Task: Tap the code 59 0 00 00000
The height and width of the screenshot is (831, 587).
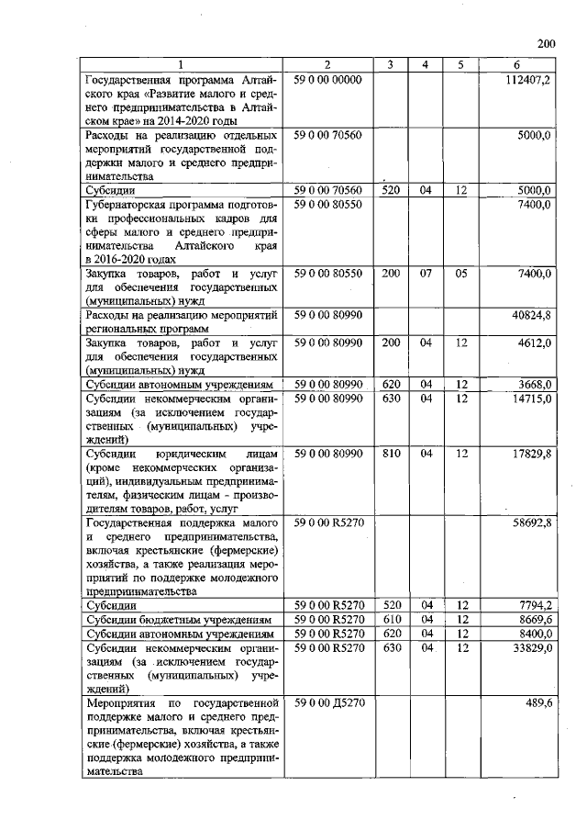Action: tap(328, 80)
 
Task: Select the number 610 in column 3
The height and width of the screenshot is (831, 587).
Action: tap(391, 620)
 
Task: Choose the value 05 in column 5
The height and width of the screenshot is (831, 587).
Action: tap(460, 274)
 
